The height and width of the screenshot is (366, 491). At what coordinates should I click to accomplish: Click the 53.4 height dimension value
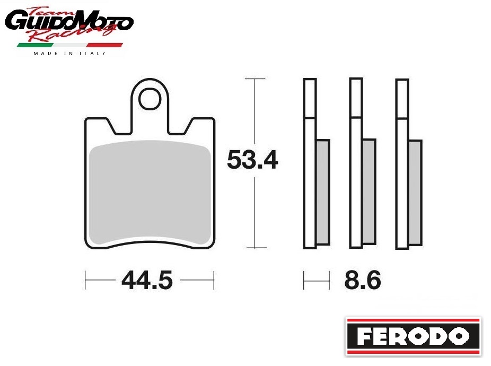coord(252,160)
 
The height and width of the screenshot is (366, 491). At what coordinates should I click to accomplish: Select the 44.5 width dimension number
coord(147,280)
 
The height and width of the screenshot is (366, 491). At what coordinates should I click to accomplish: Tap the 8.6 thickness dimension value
coord(363,280)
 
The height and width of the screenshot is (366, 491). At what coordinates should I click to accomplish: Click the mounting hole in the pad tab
coord(150,99)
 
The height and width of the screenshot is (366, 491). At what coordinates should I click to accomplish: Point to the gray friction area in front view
coord(150,192)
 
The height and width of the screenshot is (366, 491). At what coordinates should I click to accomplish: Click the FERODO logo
coord(413,336)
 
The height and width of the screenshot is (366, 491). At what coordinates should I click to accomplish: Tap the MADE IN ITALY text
coord(69,54)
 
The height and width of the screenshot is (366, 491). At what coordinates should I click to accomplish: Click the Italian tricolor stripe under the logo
coord(69,45)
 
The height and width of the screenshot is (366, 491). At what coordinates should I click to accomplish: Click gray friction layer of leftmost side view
coord(323,192)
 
